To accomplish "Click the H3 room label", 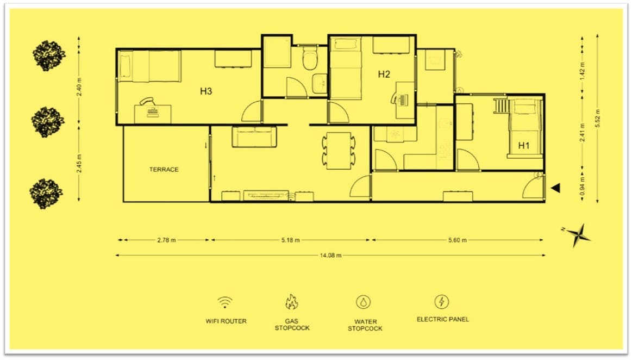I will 205,91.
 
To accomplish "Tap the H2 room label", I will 384,75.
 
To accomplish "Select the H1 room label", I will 523,145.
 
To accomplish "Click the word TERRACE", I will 164,170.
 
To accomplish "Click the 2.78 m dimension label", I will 166,240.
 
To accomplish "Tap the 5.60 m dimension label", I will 456,240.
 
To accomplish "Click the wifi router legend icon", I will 226,302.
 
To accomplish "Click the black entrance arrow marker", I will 555,188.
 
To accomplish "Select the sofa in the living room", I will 254,138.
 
